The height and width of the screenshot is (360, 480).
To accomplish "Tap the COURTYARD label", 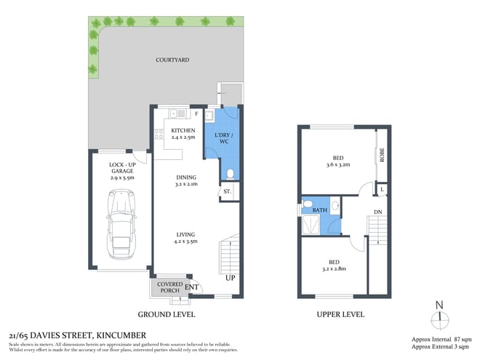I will (171, 60).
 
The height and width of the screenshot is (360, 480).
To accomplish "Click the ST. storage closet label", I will (227, 192).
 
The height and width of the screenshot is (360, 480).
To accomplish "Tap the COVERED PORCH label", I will (169, 287).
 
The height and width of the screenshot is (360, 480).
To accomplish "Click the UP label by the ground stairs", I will (231, 279).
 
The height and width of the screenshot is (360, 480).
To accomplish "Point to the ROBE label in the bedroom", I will (381, 155).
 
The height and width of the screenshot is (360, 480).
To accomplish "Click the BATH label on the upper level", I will (320, 211).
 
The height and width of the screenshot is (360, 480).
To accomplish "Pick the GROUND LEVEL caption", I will (167, 315).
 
